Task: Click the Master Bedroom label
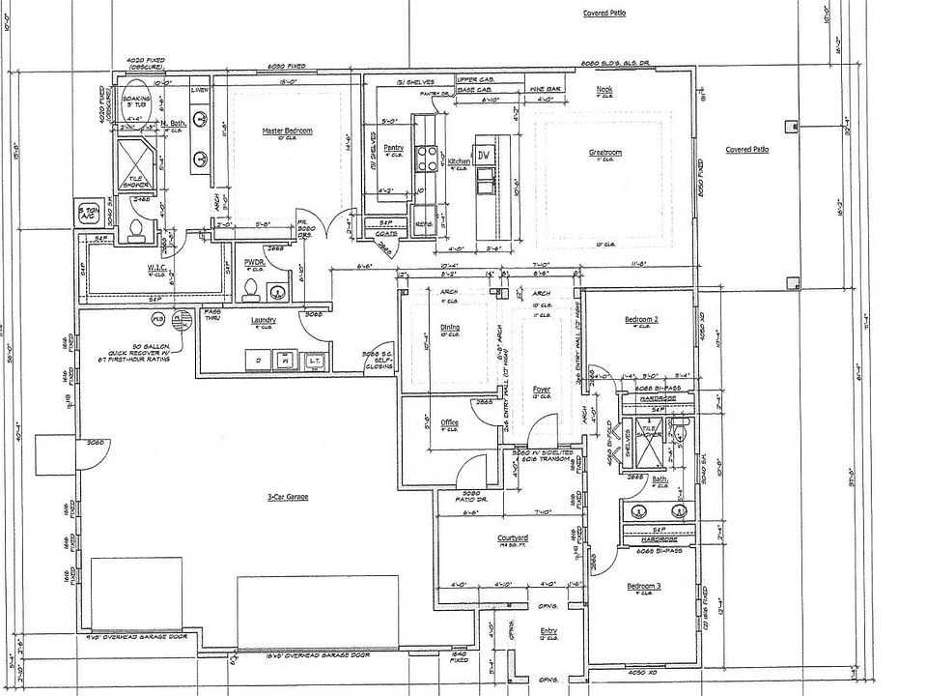tap(288, 130)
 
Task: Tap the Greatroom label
tap(605, 153)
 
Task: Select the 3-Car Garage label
tap(288, 497)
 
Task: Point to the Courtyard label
tap(511, 537)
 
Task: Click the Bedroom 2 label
tap(641, 319)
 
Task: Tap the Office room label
tap(449, 422)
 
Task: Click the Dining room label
tap(450, 328)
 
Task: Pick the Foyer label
tap(542, 390)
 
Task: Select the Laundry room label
tap(264, 320)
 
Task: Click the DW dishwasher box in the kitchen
tap(485, 155)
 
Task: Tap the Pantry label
tap(393, 148)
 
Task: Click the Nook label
tap(604, 89)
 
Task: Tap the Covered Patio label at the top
tap(604, 14)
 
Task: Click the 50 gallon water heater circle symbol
tap(180, 319)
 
